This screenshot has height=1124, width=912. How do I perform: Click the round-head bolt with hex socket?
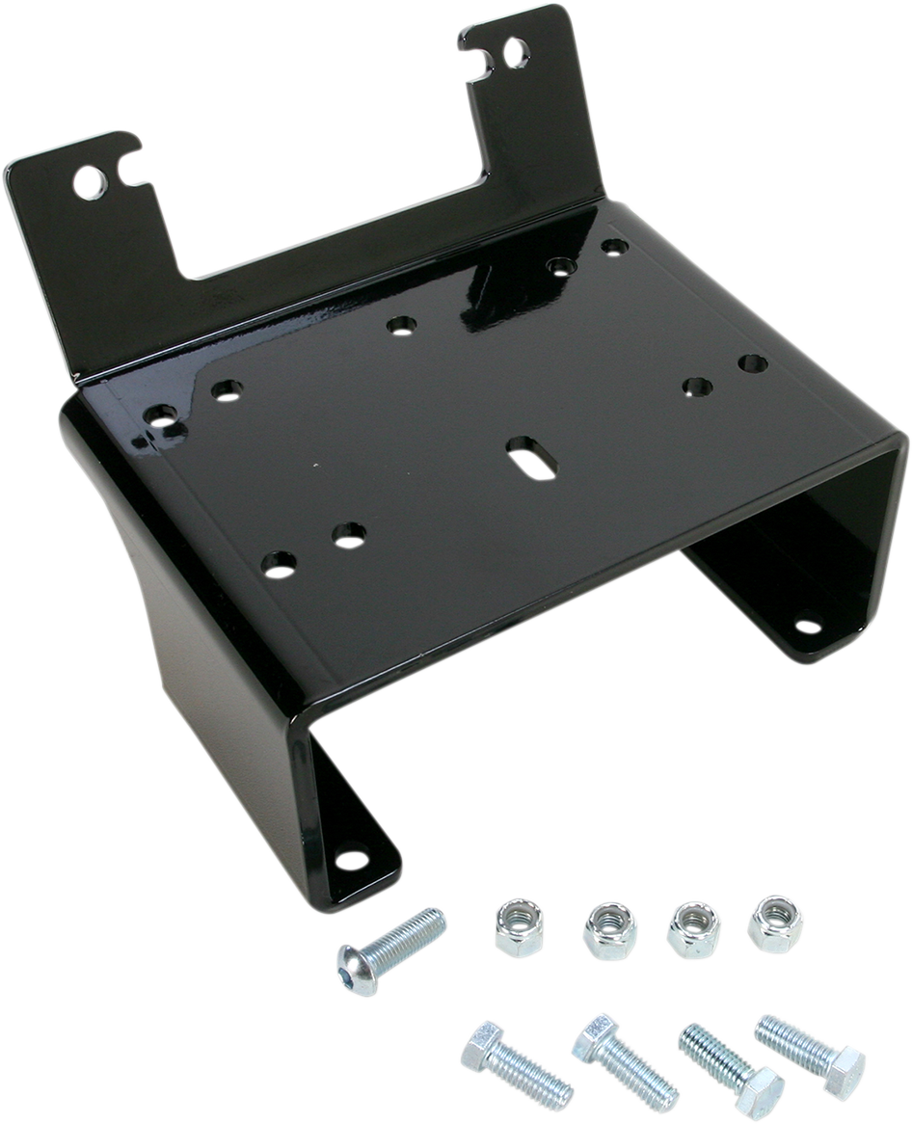[389, 953]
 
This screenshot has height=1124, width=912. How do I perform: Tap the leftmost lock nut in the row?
[519, 926]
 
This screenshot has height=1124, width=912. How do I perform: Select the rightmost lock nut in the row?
[775, 923]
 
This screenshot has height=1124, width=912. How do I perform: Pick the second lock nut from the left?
[609, 930]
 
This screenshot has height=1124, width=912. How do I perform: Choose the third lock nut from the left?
[693, 928]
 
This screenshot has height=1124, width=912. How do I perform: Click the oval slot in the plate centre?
[532, 456]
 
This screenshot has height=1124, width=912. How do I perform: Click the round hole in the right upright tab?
[517, 52]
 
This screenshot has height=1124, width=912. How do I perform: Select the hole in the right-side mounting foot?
[807, 626]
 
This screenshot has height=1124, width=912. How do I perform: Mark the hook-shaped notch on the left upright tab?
[130, 169]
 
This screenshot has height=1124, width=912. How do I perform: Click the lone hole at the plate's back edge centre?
[402, 325]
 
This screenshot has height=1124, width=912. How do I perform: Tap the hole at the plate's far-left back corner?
[160, 416]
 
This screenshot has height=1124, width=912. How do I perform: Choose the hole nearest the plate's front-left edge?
[279, 563]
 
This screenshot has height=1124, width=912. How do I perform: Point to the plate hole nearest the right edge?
[753, 363]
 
